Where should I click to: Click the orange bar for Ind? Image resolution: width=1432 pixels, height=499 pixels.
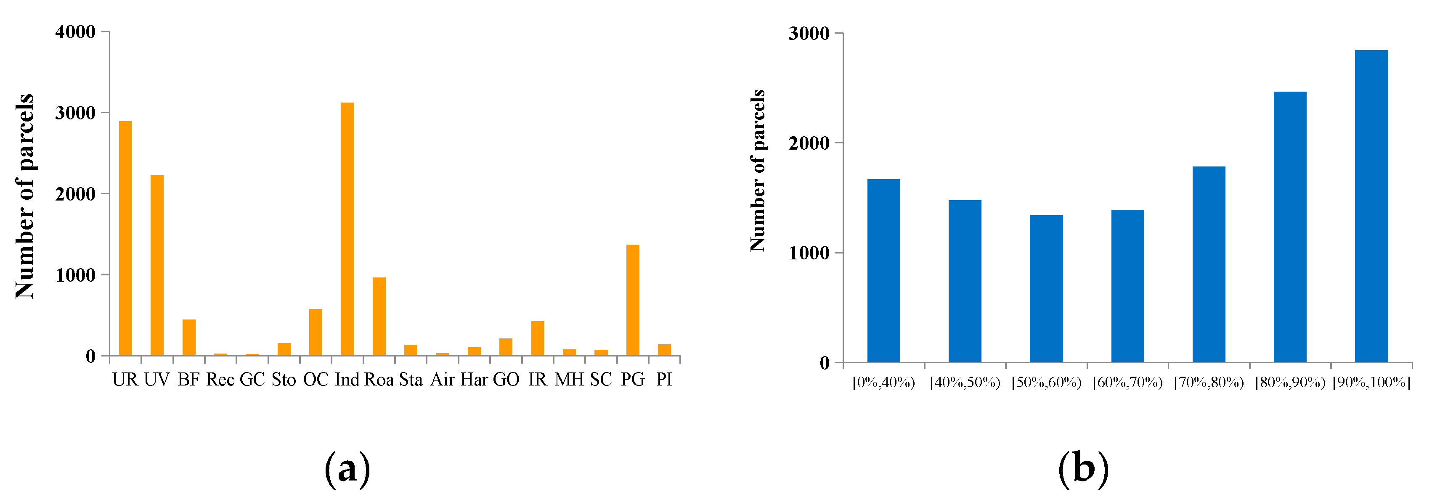tap(347, 229)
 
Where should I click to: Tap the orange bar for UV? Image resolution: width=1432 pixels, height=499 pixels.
tap(157, 265)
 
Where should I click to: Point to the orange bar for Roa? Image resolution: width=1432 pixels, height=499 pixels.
tap(379, 316)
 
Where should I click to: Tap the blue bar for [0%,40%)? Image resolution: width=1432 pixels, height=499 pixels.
tap(883, 271)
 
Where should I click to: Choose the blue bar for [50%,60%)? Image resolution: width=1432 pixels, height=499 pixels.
tap(1046, 288)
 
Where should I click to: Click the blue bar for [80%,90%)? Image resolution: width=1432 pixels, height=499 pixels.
tap(1290, 227)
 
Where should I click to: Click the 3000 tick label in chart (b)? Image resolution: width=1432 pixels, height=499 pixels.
tap(808, 33)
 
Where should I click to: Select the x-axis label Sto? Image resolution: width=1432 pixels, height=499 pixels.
tap(284, 380)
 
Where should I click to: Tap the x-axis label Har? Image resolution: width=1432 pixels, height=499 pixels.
tap(474, 380)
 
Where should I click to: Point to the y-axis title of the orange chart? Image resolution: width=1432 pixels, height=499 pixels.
tap(25, 196)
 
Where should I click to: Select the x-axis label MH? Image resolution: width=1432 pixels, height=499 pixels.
tap(569, 380)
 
